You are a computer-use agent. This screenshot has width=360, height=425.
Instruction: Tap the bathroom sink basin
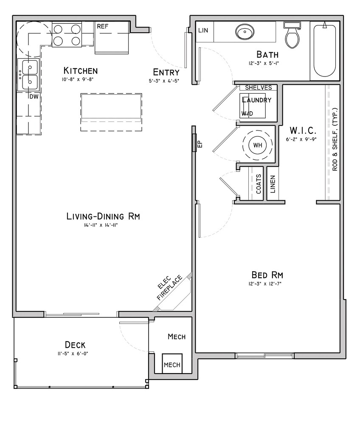click(x=245, y=31)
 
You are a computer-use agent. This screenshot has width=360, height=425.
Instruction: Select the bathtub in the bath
click(x=324, y=51)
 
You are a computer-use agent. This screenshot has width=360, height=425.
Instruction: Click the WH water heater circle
click(x=258, y=145)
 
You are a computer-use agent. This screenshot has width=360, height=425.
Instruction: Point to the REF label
click(x=103, y=26)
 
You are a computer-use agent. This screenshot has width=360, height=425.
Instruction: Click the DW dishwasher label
click(x=34, y=96)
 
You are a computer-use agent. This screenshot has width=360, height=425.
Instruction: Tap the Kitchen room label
click(x=80, y=71)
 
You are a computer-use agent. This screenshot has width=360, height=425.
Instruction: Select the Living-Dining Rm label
click(x=103, y=216)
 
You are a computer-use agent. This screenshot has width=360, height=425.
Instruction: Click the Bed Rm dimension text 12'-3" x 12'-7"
click(x=267, y=284)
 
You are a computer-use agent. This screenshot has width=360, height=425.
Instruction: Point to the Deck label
click(x=75, y=345)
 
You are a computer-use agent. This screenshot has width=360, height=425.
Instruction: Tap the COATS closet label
click(x=259, y=184)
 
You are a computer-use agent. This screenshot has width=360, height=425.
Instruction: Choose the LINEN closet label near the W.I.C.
click(x=273, y=184)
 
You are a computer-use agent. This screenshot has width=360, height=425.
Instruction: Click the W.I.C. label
click(x=303, y=130)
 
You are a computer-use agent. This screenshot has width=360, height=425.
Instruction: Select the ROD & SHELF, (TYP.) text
click(x=335, y=139)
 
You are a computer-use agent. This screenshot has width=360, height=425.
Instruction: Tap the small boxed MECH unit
click(x=172, y=363)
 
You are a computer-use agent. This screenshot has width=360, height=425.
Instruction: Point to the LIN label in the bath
click(x=203, y=30)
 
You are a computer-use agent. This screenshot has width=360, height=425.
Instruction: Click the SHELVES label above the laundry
click(x=258, y=88)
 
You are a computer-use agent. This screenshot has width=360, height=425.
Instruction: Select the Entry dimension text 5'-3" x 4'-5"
click(x=164, y=80)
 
